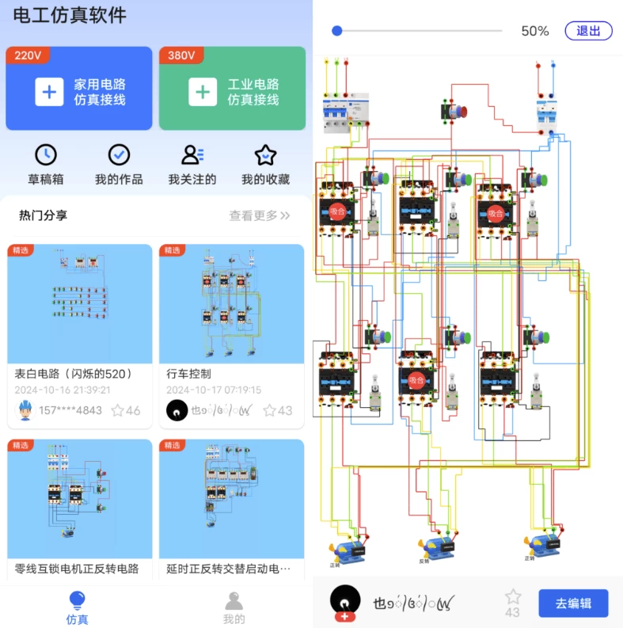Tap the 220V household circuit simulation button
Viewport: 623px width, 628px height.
(x=79, y=89)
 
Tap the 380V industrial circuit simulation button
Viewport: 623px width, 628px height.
(x=232, y=89)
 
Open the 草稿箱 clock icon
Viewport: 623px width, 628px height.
(x=46, y=154)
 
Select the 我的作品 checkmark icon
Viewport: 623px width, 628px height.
(x=119, y=154)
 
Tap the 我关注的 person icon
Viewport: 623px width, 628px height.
(x=192, y=154)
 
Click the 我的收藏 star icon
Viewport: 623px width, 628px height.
(x=265, y=154)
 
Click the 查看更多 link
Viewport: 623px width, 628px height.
(x=260, y=215)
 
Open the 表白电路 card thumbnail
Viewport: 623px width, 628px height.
(x=79, y=303)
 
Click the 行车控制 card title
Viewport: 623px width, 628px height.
(x=188, y=374)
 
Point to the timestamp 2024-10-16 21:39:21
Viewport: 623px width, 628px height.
(x=63, y=390)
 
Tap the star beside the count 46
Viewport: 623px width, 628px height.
(x=118, y=410)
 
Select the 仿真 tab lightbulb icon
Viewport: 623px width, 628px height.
(x=77, y=599)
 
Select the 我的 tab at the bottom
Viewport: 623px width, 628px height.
(x=234, y=607)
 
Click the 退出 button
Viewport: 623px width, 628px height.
(x=588, y=31)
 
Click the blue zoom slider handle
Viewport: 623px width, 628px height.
(x=337, y=31)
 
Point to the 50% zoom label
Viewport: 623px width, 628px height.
(x=534, y=31)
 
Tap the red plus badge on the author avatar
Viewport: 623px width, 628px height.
(x=345, y=616)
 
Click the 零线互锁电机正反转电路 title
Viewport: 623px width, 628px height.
(x=77, y=569)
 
